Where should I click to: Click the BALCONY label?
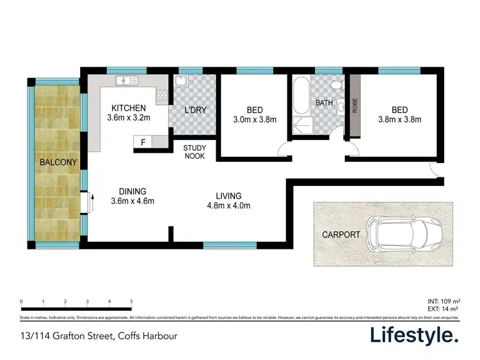click(x=58, y=162)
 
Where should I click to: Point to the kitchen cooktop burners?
click(x=162, y=96)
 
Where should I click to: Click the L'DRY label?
click(x=195, y=110)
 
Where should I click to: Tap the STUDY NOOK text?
click(x=195, y=152)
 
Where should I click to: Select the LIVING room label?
click(x=228, y=195)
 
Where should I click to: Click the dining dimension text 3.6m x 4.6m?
click(x=132, y=201)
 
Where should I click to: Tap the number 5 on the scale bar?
click(x=131, y=301)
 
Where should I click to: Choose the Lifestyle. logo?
click(x=415, y=335)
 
